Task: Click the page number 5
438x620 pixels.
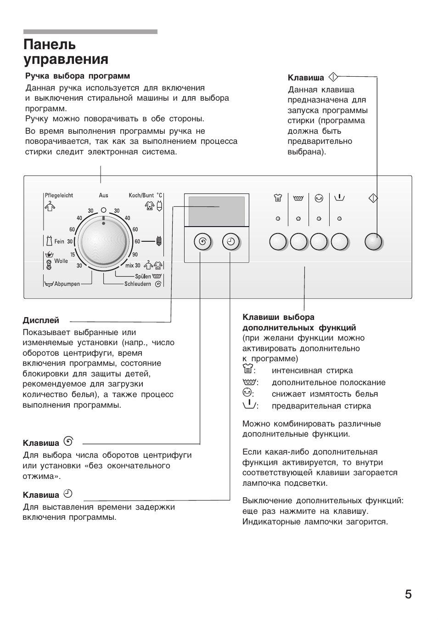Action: pos(408,594)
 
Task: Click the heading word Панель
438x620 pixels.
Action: pos(50,45)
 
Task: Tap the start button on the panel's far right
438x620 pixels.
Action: pos(373,242)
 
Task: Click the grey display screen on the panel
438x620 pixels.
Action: pos(217,210)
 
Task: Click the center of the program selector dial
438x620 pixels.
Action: pos(103,241)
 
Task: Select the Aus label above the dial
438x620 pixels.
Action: pos(103,195)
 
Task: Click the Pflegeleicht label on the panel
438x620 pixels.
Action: pos(59,195)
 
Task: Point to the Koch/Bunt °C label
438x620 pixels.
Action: pos(146,195)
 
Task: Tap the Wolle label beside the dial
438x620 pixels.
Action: pos(61,261)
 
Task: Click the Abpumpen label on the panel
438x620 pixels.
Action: pos(67,284)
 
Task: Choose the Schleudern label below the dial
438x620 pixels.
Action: pos(138,284)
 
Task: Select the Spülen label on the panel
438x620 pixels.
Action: pos(143,276)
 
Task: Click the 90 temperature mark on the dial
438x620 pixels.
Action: pos(135,255)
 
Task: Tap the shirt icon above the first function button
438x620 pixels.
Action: pos(278,198)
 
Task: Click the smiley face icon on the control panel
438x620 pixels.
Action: pos(319,198)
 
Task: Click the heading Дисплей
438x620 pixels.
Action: pos(41,320)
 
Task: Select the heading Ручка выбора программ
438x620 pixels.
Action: pos(78,76)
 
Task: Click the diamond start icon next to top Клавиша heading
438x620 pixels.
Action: pos(333,77)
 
